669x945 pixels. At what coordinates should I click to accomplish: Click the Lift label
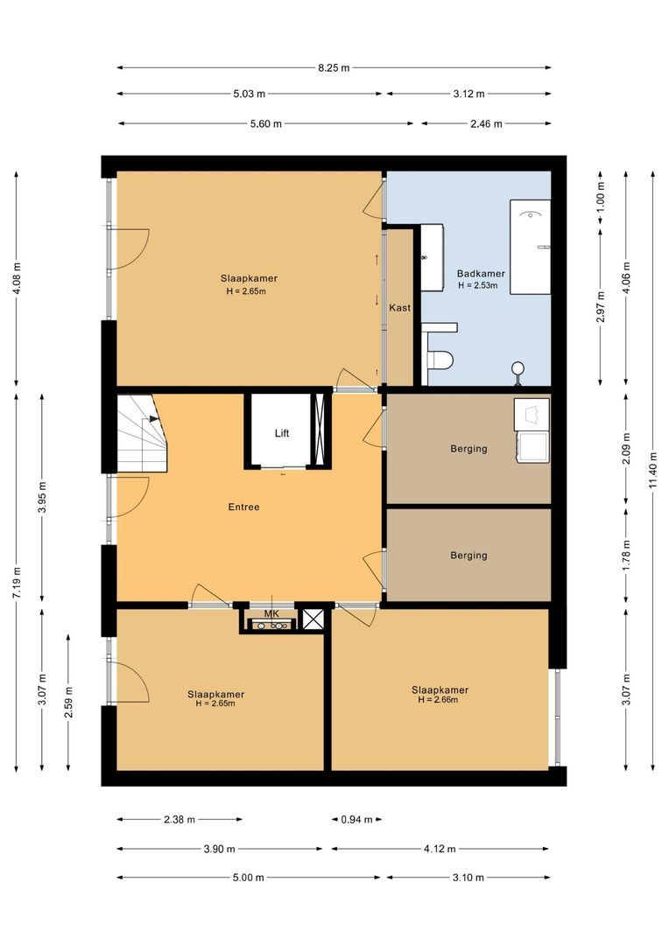[282, 433]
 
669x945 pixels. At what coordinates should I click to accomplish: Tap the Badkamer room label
[481, 274]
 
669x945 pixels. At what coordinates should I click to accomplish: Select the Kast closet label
[400, 307]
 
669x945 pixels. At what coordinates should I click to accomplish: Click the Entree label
[243, 507]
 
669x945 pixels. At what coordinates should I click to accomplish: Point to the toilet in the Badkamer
[440, 360]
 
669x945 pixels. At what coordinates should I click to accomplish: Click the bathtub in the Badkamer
[531, 247]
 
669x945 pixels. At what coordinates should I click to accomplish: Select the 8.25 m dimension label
[334, 67]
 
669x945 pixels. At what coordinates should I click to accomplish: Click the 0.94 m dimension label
[356, 820]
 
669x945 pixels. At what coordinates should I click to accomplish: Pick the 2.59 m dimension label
[69, 703]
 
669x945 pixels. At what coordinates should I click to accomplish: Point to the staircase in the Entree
[142, 433]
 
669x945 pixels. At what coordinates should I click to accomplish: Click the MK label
[271, 613]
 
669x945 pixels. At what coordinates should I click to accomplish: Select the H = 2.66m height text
[438, 700]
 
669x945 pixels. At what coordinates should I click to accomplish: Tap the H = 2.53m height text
[478, 285]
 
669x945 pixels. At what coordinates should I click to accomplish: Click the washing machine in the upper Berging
[532, 447]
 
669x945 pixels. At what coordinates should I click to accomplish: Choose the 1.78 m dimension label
[627, 556]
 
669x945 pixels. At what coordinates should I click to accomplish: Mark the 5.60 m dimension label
[266, 124]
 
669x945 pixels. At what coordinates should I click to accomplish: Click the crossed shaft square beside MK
[313, 619]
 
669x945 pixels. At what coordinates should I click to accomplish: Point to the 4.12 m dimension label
[440, 849]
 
